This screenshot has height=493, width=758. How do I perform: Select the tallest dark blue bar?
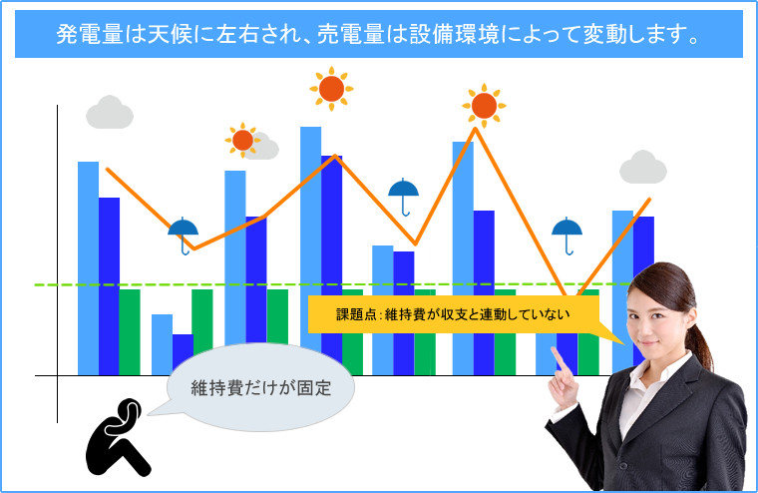point(331,258)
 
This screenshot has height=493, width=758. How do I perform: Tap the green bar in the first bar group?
point(130,332)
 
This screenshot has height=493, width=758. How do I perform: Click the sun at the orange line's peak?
point(484,106)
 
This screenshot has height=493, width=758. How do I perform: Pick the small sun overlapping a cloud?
point(242,141)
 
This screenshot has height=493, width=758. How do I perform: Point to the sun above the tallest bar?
point(331,89)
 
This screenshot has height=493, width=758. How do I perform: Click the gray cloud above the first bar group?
point(110,112)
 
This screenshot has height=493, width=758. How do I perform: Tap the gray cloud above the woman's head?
point(643,168)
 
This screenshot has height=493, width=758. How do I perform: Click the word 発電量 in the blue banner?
point(90,34)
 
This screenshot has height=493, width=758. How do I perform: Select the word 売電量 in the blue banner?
point(351,34)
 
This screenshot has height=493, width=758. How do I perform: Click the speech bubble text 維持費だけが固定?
point(261,388)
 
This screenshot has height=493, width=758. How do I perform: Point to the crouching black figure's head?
point(128,412)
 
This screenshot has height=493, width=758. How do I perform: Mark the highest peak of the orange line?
point(476,128)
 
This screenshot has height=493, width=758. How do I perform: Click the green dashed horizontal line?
point(333,284)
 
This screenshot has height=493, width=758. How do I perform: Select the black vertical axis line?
point(57,263)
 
